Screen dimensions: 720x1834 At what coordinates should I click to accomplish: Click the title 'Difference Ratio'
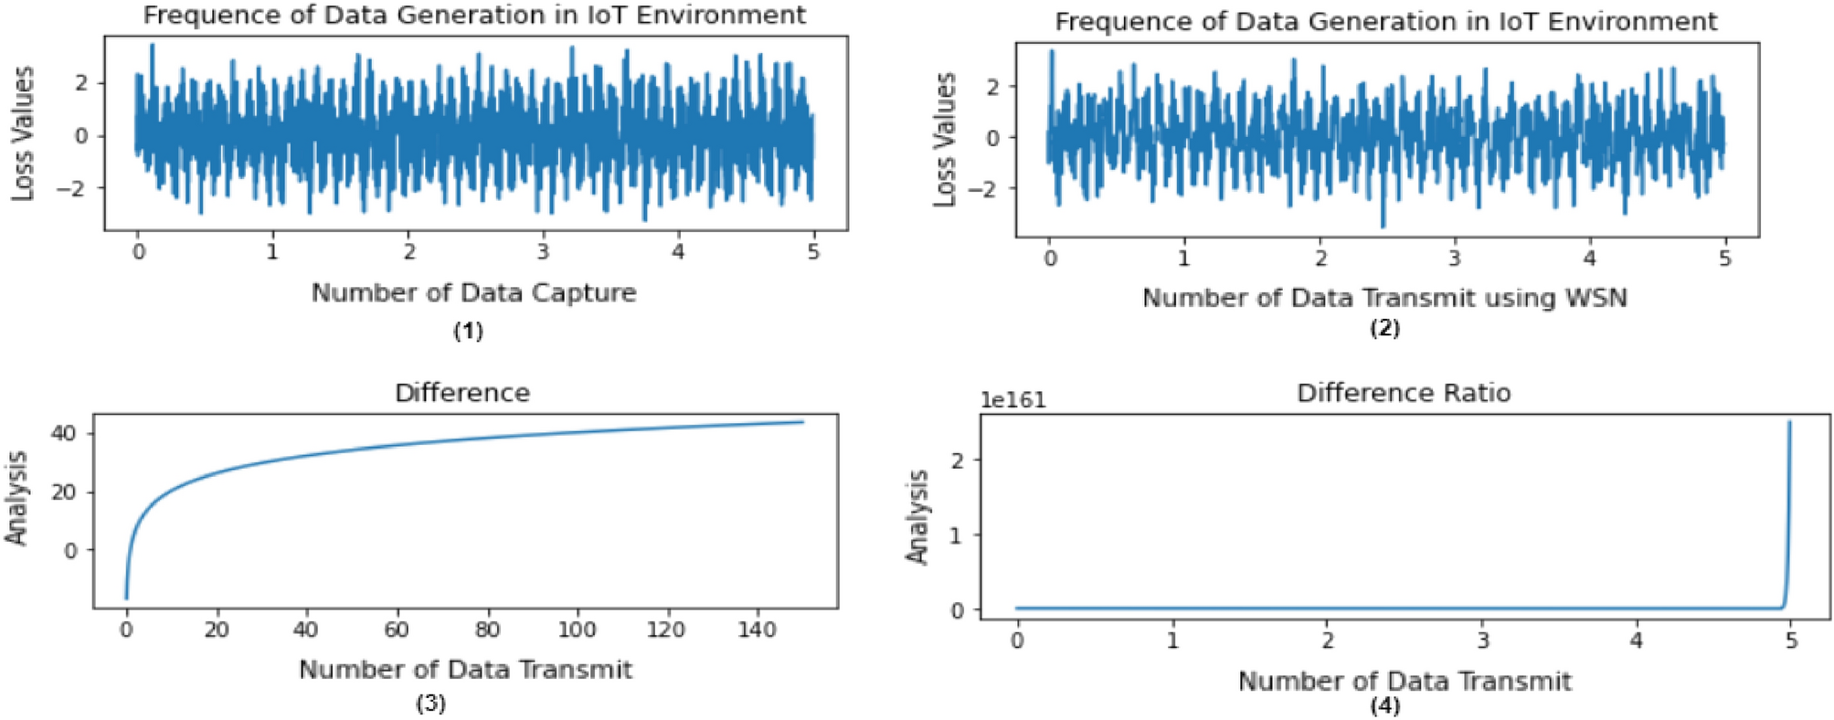[x=1404, y=393]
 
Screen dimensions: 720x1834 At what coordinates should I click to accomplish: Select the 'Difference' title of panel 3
[x=462, y=393]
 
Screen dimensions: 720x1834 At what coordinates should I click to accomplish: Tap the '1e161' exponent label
[x=1012, y=400]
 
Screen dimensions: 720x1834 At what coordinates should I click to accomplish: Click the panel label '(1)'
[x=468, y=331]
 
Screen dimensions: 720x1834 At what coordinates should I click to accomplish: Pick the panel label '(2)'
[x=1384, y=328]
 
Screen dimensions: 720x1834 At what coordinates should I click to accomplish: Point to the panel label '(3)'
[x=430, y=704]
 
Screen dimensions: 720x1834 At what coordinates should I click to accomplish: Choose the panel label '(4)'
[x=1384, y=706]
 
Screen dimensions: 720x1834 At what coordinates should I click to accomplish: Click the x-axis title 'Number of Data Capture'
[x=473, y=293]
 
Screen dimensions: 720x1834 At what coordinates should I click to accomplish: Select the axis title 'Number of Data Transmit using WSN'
[x=1384, y=298]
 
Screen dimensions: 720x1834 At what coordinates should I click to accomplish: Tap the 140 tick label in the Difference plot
[x=756, y=630]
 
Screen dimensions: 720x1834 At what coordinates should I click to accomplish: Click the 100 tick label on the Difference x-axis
[x=576, y=630]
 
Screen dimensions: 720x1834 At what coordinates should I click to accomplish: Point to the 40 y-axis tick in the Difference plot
[x=69, y=433]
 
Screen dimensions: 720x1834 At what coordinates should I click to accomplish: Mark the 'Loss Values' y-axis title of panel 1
[x=23, y=133]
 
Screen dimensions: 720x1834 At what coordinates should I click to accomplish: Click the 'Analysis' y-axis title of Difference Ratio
[x=917, y=517]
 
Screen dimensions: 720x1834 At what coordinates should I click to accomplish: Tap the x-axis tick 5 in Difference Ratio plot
[x=1791, y=641]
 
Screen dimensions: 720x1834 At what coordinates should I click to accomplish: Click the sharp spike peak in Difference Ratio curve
[x=1789, y=422]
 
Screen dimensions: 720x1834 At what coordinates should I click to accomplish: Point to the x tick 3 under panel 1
[x=543, y=251]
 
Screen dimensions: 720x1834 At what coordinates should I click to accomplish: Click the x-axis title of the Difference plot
[x=465, y=670]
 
